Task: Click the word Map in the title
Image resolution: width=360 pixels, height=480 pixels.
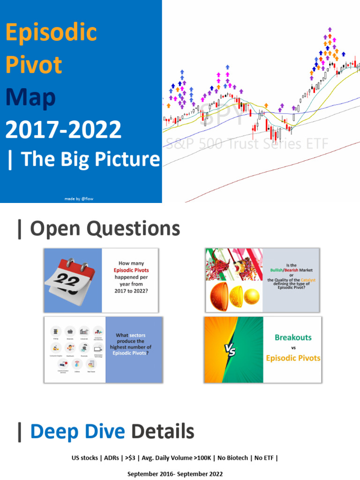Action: click(x=30, y=97)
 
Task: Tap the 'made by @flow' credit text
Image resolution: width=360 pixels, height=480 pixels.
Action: click(x=82, y=199)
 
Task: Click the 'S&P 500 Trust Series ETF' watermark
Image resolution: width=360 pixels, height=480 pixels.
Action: click(x=247, y=143)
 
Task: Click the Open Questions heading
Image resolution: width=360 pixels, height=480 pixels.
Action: click(x=98, y=229)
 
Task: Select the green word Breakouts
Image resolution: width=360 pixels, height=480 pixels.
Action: click(x=293, y=337)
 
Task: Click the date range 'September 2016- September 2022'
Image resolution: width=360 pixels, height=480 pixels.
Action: click(x=175, y=474)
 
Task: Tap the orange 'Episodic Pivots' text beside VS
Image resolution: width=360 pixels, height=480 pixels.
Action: click(x=293, y=358)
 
